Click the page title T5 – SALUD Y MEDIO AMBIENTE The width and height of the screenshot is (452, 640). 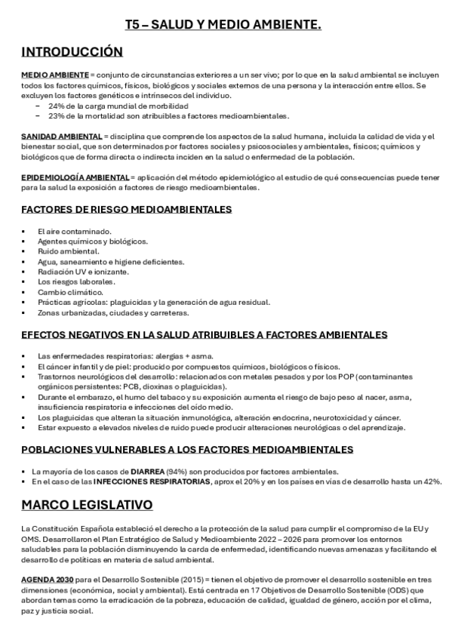click(223, 26)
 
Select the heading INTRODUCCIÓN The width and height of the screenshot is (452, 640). click(72, 52)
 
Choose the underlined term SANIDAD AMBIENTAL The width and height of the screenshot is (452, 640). click(61, 136)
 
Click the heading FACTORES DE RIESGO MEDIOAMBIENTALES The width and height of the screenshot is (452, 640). click(126, 209)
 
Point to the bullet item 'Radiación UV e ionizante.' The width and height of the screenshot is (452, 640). click(83, 272)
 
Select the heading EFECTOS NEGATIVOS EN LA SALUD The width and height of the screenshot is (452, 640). click(204, 334)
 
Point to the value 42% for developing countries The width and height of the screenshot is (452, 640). click(432, 481)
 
